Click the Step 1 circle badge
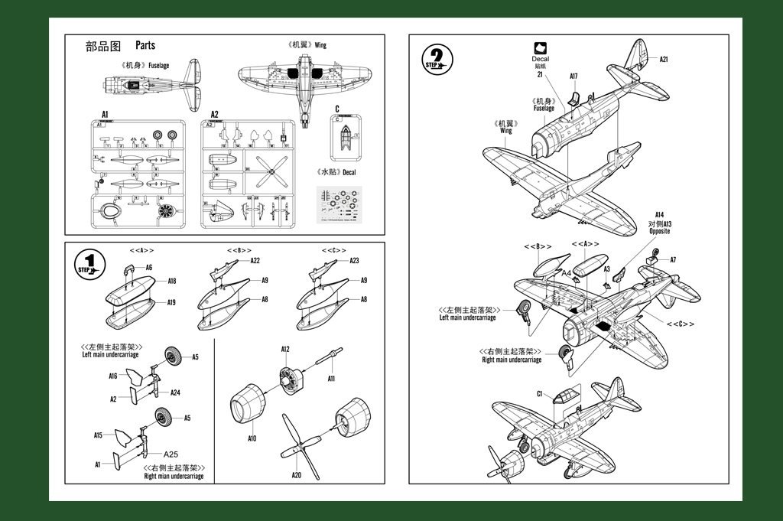[x=90, y=264]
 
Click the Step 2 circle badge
[x=438, y=60]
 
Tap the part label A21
[x=664, y=60]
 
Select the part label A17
[x=573, y=76]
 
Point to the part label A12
[x=285, y=349]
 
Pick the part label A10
[x=252, y=438]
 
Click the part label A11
[x=332, y=378]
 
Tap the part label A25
[x=171, y=454]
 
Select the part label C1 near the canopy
[x=539, y=394]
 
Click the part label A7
[x=673, y=260]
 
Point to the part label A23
[x=354, y=261]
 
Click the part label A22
[x=255, y=261]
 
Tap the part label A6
[x=149, y=267]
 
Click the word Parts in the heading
[x=145, y=46]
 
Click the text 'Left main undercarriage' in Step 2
[x=467, y=317]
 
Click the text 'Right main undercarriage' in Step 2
[x=512, y=360]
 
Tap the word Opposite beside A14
[x=660, y=230]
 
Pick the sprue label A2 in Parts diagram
[x=215, y=115]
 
